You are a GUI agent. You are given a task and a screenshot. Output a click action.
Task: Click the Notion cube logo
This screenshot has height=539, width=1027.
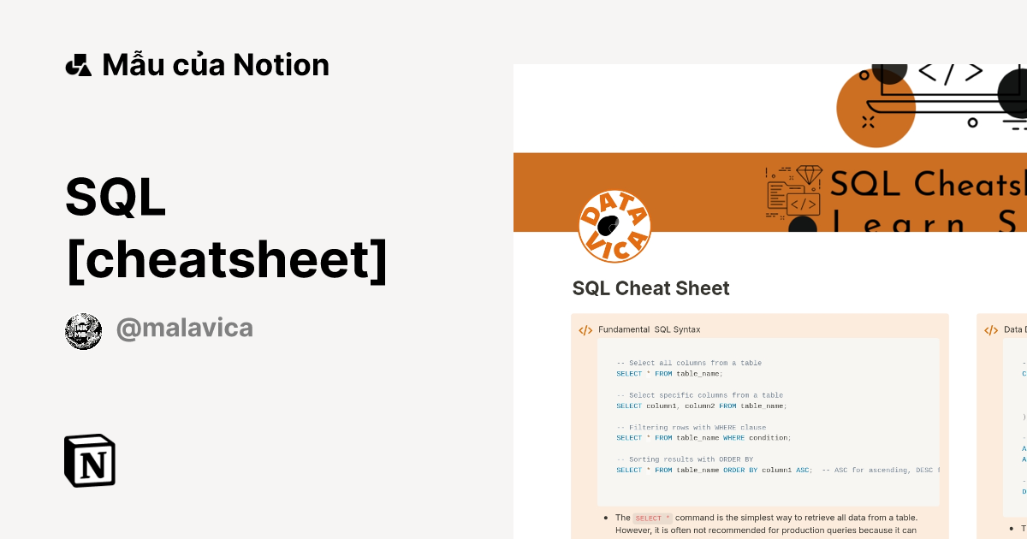coord(90,461)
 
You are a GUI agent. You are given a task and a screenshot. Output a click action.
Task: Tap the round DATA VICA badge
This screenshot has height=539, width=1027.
coord(614,226)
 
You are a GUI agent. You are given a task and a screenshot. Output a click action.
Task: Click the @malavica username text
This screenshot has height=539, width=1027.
coord(184,329)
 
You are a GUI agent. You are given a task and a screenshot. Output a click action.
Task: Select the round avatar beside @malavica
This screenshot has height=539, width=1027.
coord(84,331)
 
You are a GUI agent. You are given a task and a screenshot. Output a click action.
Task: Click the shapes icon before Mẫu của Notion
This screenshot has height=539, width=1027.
coord(78,65)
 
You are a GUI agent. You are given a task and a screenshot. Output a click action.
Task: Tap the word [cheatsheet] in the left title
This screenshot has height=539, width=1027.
coord(226,261)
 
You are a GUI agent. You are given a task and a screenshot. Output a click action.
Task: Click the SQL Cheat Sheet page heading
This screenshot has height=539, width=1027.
coord(650,288)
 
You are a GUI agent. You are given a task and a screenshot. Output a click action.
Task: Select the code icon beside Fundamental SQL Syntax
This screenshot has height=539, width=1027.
coord(585,330)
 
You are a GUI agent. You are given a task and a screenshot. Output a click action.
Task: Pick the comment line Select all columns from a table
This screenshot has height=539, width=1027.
coord(689,363)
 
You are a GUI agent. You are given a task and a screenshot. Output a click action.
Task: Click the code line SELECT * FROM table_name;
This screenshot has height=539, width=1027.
coord(669,373)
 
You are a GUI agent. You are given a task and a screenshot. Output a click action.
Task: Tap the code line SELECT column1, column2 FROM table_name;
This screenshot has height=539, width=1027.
coord(701,406)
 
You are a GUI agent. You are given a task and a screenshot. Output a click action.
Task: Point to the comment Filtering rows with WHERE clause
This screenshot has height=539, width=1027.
coord(692,427)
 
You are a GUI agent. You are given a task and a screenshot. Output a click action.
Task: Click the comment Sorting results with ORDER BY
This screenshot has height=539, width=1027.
coord(685,459)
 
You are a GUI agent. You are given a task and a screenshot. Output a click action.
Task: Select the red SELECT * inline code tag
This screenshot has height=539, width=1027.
coord(652,518)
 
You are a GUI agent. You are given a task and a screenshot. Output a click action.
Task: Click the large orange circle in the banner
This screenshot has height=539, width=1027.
coord(875,109)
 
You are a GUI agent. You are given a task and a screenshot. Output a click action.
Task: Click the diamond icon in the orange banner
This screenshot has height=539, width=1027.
coord(809,175)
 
